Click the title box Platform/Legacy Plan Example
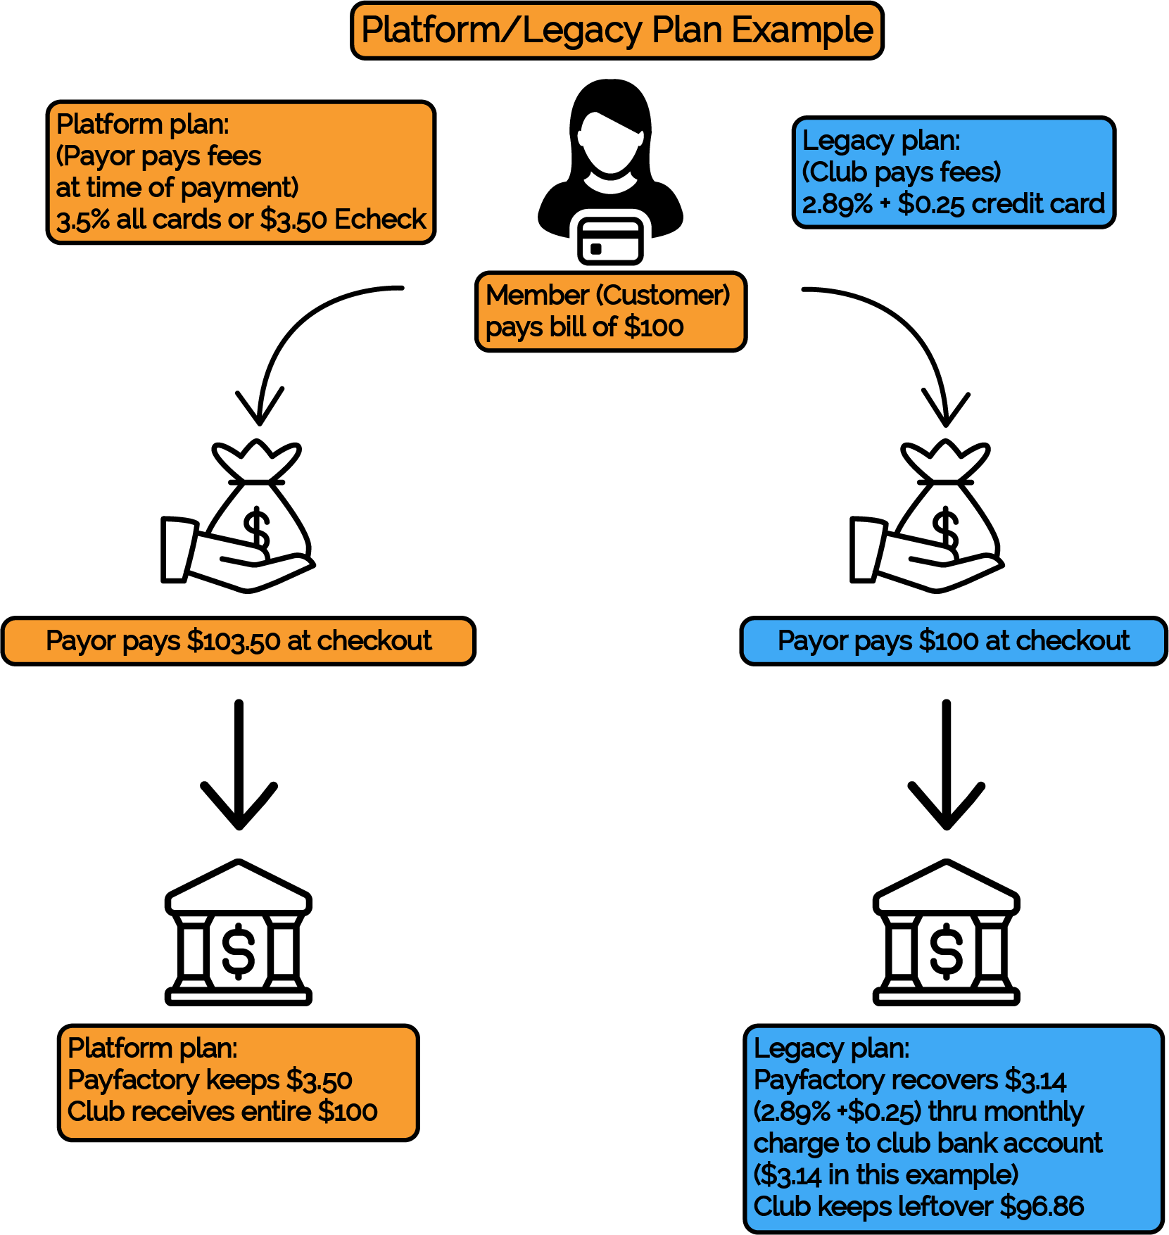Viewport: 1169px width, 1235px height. (617, 30)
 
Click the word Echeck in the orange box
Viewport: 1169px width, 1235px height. (380, 220)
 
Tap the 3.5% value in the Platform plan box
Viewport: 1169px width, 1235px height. (83, 220)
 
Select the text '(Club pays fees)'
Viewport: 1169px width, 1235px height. (902, 172)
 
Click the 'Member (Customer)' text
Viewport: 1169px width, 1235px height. (608, 296)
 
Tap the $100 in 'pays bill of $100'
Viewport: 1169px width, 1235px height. (654, 327)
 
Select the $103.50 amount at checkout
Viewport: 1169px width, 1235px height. (234, 641)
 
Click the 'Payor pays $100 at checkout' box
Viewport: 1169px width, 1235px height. (954, 641)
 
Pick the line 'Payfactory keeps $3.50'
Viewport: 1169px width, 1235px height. (210, 1079)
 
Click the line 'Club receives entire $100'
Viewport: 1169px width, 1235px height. (222, 1112)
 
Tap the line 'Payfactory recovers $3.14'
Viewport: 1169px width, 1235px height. (910, 1079)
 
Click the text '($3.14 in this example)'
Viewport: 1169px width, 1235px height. (886, 1175)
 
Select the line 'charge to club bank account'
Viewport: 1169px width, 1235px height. (928, 1144)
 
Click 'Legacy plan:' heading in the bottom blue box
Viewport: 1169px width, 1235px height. (832, 1049)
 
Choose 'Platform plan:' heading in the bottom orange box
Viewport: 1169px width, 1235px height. (153, 1049)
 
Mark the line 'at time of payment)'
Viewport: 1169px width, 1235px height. (177, 188)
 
